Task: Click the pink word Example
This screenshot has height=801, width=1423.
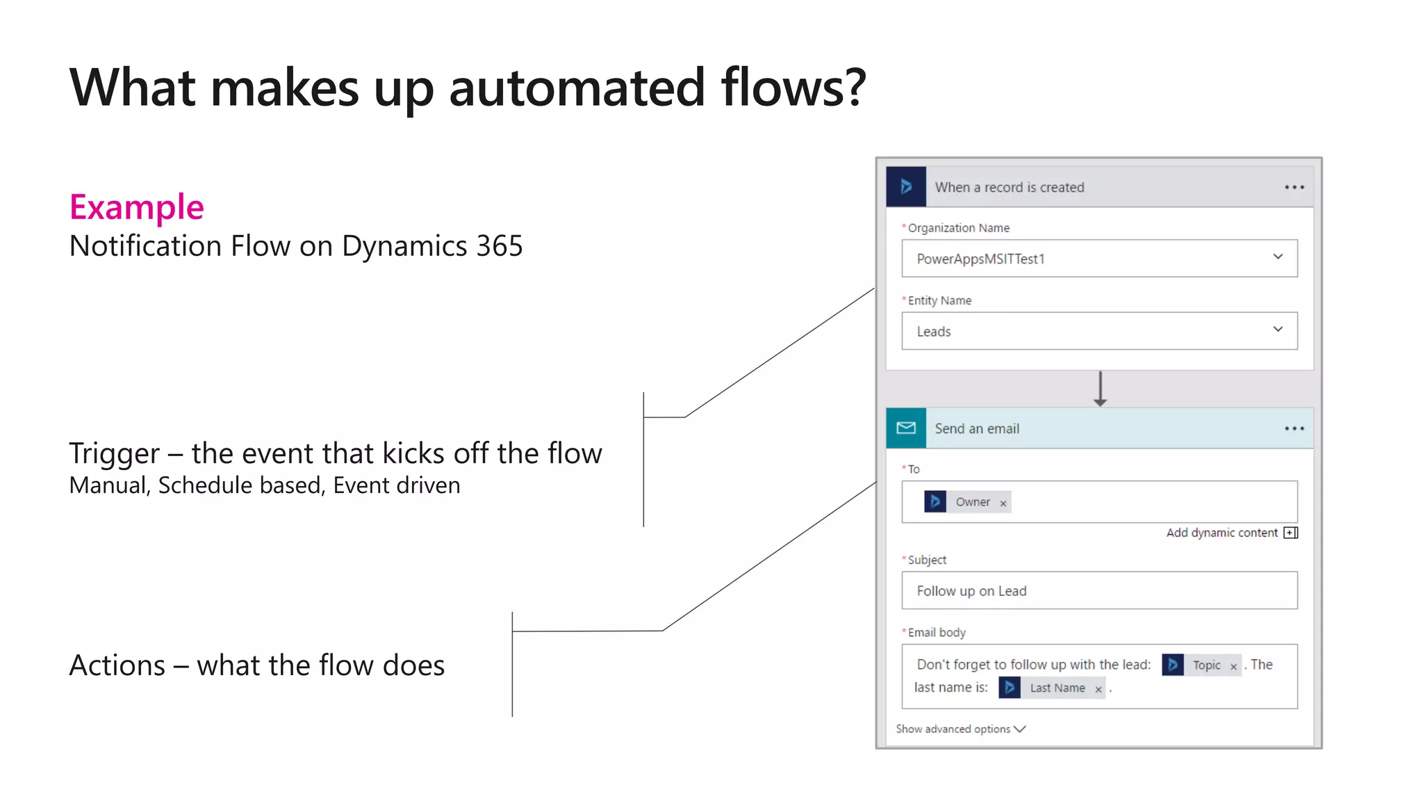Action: click(136, 207)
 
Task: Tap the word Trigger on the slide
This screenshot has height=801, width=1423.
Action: click(114, 453)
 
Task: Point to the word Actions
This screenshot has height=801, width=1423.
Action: click(117, 665)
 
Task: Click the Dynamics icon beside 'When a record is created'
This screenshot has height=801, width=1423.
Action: click(906, 187)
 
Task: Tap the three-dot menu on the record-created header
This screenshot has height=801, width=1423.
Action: click(1294, 187)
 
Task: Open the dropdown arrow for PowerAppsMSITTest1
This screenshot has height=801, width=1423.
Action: click(1278, 257)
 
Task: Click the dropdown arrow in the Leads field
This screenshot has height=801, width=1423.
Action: click(1278, 330)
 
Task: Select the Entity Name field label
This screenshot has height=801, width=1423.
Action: click(939, 300)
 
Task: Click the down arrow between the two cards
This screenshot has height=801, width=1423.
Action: click(1100, 389)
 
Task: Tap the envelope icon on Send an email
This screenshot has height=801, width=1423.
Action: click(906, 428)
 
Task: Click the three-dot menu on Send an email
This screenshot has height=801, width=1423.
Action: click(1294, 428)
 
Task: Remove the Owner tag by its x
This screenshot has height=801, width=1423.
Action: click(1003, 503)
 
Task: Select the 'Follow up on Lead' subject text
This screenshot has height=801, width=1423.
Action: click(971, 591)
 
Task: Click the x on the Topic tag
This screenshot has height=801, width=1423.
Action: click(1233, 667)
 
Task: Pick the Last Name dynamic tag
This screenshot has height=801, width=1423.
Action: click(1057, 688)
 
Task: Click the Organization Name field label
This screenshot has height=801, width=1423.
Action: click(958, 228)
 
